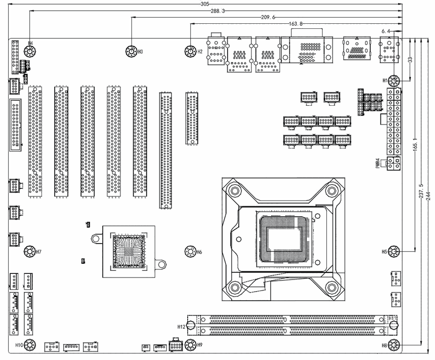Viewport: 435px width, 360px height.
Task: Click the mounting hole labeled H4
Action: point(30,51)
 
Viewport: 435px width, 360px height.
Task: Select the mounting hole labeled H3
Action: point(131,51)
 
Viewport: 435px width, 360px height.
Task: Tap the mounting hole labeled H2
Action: point(191,51)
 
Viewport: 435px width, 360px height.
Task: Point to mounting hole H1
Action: point(395,81)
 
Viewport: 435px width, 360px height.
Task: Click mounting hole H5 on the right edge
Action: point(395,251)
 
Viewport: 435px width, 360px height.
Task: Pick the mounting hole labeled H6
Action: point(190,251)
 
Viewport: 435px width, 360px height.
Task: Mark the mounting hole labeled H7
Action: point(30,251)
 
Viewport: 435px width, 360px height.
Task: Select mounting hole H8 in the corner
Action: point(395,345)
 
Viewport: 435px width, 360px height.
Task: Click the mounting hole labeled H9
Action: point(190,345)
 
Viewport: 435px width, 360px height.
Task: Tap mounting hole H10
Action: point(30,345)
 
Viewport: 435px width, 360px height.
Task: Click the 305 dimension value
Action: point(204,4)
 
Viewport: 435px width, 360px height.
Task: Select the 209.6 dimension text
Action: point(268,17)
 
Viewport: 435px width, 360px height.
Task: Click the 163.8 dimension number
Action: point(295,24)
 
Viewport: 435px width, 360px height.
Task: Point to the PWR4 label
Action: point(378,163)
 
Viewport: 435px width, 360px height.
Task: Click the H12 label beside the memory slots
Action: point(182,326)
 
